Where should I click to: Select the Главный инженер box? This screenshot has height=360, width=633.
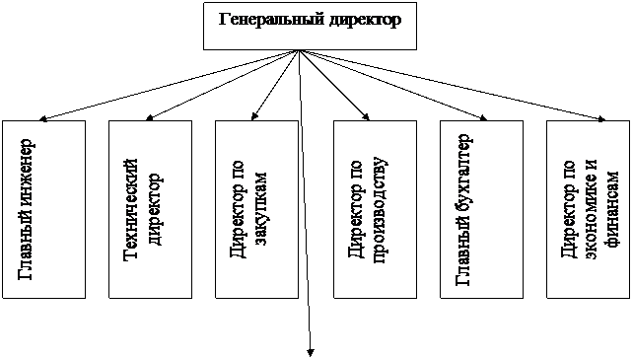pos(42,209)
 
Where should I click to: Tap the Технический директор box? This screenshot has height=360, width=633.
pos(150,209)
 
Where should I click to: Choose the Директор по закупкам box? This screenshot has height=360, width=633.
pos(256,209)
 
